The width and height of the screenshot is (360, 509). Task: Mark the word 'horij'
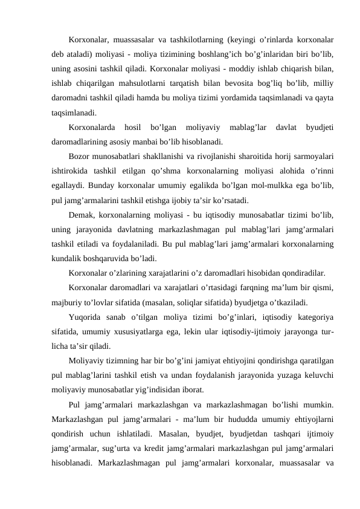263,157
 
